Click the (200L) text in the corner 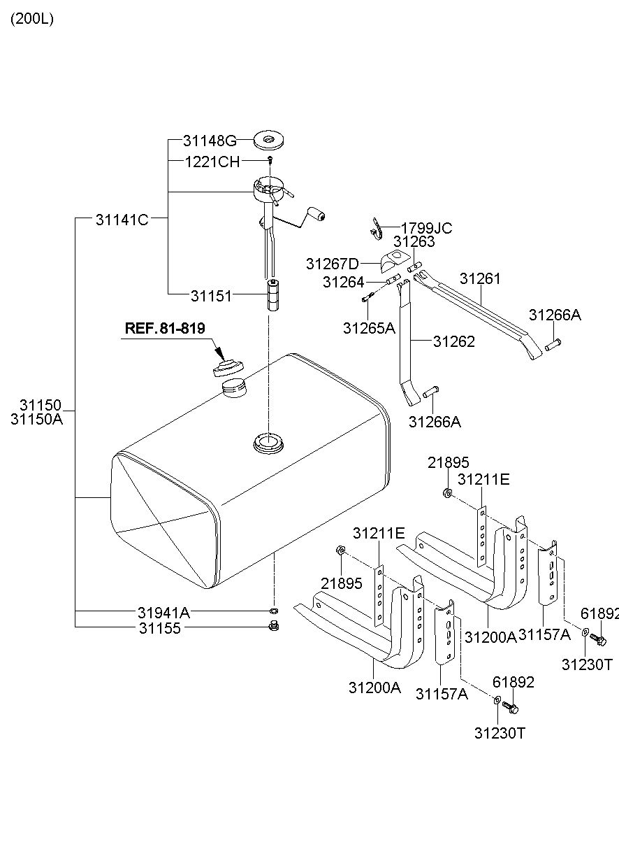click(x=32, y=19)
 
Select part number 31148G click(x=210, y=141)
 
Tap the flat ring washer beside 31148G click(x=269, y=141)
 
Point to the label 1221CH click(x=212, y=162)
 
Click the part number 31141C click(x=122, y=220)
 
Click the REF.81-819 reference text click(x=165, y=328)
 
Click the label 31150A click(x=36, y=420)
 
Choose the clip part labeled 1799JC click(x=376, y=229)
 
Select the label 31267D click(x=333, y=264)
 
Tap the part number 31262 click(x=454, y=342)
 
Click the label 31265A click(x=369, y=328)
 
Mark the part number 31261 click(x=480, y=278)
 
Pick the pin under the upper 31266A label click(x=553, y=343)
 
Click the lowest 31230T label click(x=500, y=734)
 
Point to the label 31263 click(x=414, y=241)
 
